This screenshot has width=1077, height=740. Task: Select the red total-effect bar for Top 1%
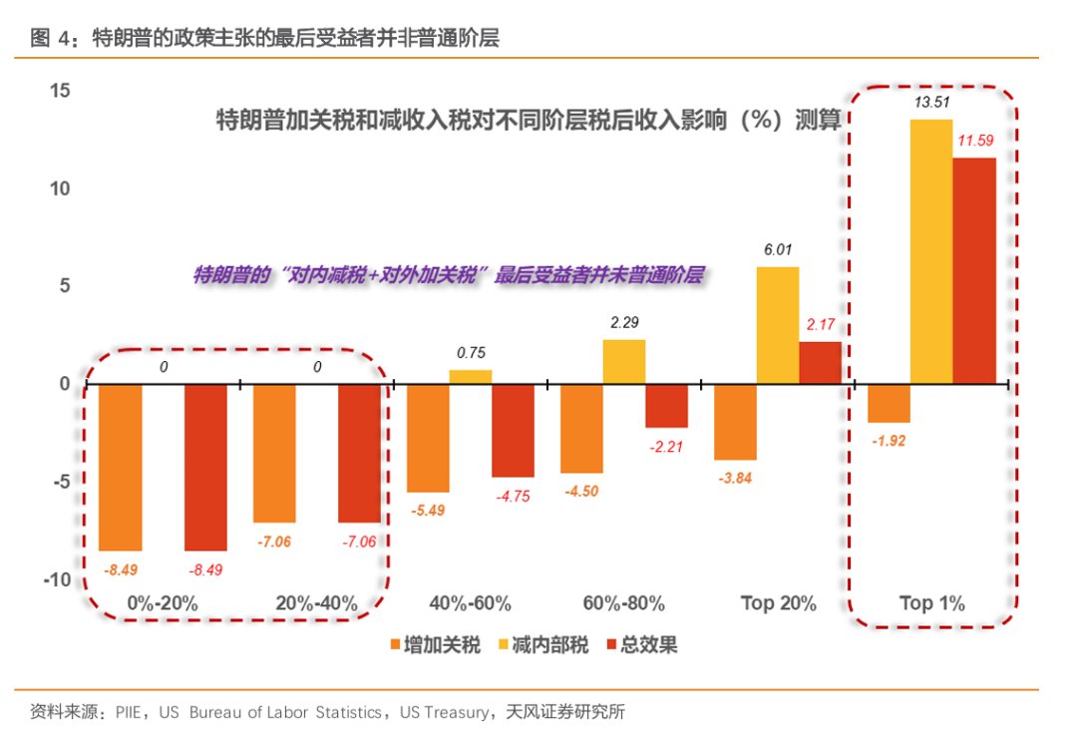point(974,270)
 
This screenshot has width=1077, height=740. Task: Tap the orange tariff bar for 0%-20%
point(121,467)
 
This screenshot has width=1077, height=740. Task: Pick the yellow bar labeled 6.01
point(778,325)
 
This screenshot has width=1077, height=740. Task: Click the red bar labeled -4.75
point(513,430)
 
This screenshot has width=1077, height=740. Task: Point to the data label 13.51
point(931,102)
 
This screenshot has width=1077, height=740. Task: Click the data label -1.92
point(889,441)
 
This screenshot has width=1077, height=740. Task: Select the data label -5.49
point(427,510)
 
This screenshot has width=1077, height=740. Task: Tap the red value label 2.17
point(820,325)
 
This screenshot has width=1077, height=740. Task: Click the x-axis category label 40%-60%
point(470,603)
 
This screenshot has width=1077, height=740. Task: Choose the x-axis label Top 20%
point(778,603)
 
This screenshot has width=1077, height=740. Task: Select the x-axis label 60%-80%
point(623,603)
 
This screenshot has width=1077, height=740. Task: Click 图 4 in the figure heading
point(53,39)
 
